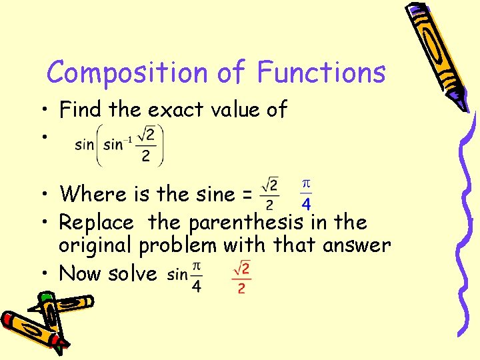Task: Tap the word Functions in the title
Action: [x=321, y=72]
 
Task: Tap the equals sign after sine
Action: [x=247, y=195]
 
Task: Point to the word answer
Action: [x=356, y=245]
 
